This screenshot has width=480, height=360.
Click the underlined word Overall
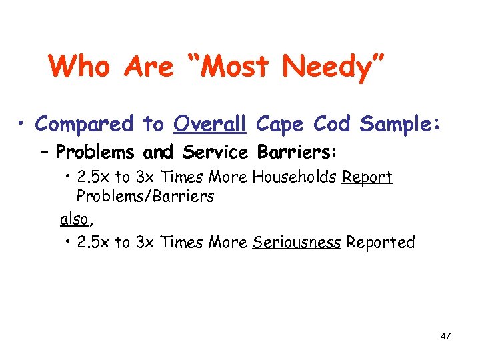click(x=211, y=124)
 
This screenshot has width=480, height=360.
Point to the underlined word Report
click(x=367, y=178)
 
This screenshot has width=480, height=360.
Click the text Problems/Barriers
click(x=145, y=196)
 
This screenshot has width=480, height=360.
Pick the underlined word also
click(x=73, y=219)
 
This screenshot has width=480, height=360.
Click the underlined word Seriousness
click(x=297, y=242)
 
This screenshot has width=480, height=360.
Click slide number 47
click(x=445, y=336)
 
